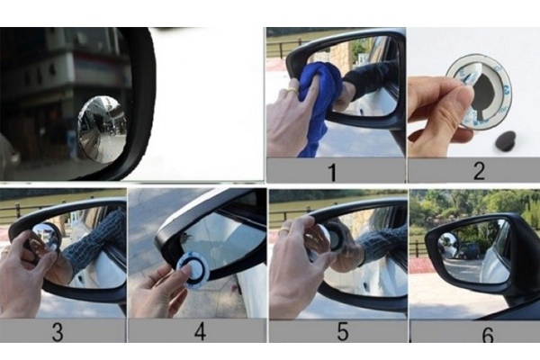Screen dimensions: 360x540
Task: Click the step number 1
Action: [x=332, y=171]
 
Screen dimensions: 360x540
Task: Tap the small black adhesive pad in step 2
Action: [x=505, y=140]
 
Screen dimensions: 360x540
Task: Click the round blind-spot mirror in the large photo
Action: [x=102, y=130]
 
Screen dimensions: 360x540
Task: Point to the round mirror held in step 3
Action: [x=45, y=238]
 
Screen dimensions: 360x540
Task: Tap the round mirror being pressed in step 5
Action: [x=331, y=237]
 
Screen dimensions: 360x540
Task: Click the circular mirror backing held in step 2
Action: [x=481, y=90]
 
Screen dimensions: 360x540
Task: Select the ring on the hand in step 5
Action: [x=283, y=230]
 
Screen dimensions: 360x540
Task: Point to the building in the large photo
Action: [x=54, y=81]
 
